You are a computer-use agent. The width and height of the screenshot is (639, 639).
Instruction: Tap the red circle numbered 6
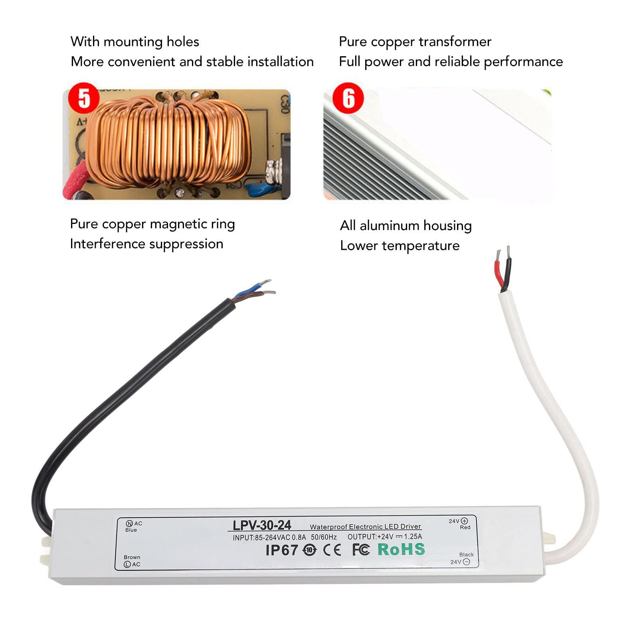click(348, 98)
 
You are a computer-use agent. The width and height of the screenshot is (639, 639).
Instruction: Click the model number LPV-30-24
click(262, 525)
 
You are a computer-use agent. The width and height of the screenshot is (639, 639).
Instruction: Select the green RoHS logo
click(401, 549)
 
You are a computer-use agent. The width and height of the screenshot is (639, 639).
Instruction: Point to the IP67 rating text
click(282, 550)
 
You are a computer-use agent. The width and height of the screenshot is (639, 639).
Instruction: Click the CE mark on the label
click(332, 550)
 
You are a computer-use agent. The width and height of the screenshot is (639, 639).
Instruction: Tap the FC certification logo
click(361, 550)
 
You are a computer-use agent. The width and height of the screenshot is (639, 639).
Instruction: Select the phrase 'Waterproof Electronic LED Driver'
click(365, 527)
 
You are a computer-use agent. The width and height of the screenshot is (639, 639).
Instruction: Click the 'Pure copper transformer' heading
click(415, 42)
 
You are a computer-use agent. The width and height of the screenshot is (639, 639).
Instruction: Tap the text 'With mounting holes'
click(135, 42)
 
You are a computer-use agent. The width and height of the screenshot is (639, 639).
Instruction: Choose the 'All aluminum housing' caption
click(406, 226)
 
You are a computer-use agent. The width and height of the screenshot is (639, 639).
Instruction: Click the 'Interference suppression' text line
click(146, 244)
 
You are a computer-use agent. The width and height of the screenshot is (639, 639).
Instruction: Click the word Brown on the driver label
click(132, 557)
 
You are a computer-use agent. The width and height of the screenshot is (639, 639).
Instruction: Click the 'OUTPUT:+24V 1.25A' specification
click(385, 537)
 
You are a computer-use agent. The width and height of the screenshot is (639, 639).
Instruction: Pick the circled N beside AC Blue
click(129, 524)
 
